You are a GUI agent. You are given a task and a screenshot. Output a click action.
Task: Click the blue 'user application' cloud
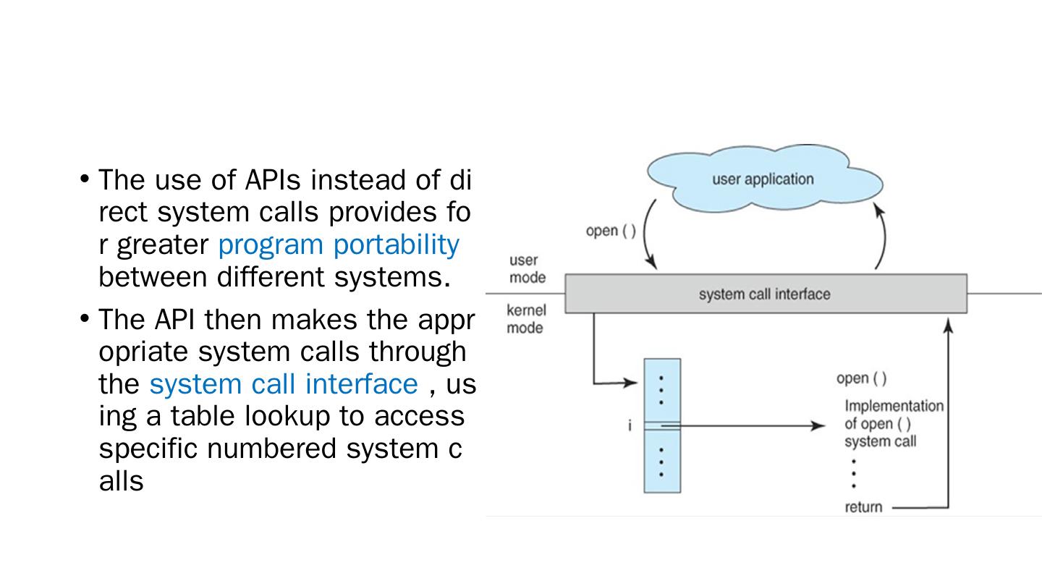pos(763,179)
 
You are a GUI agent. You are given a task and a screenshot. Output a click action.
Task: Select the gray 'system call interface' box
pos(765,294)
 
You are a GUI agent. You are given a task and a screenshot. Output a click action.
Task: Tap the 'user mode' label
pos(528,268)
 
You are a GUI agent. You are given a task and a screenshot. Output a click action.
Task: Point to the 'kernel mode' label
pos(526,319)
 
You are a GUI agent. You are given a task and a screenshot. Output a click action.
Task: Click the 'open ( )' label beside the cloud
pos(611,231)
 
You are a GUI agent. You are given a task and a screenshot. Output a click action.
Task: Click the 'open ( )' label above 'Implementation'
pos(861,378)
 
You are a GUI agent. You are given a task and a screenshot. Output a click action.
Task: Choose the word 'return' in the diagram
pos(863,507)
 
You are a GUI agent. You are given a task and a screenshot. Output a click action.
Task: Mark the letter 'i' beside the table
pos(630,426)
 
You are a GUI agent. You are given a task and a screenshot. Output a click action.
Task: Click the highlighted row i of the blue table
pos(662,426)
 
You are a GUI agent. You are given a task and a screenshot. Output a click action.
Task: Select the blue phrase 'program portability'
pos(338,245)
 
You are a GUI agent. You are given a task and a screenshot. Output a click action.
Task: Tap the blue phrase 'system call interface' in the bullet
pos(283,384)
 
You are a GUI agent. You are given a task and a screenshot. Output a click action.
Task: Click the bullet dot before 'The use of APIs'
pos(85,178)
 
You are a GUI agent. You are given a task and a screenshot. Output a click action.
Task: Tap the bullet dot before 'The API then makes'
pos(85,318)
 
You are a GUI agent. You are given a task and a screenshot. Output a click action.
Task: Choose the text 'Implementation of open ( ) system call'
pos(893,424)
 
